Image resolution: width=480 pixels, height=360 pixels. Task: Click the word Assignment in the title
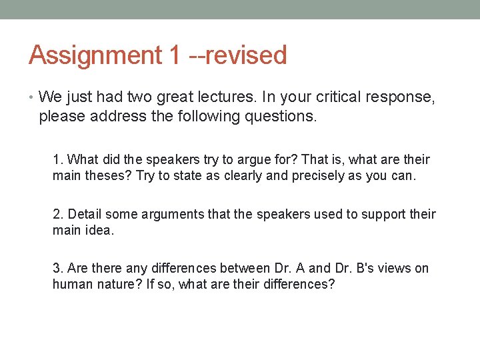(95, 55)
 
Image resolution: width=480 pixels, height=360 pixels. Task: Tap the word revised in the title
(246, 55)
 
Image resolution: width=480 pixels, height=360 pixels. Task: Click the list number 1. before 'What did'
(59, 159)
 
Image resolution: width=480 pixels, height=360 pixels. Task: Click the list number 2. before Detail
(59, 214)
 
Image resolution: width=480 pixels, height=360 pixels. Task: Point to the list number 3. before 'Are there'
(59, 268)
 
